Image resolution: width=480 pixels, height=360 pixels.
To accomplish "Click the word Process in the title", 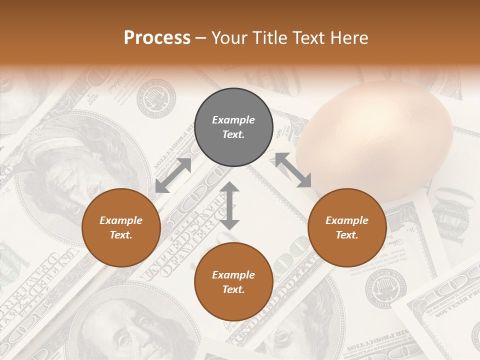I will point(157,38).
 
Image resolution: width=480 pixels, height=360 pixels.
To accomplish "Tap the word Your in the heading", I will point(229,38).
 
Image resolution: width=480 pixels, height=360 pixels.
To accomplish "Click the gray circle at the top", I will point(233,127).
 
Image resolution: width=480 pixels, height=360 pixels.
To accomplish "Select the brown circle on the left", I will point(121,227).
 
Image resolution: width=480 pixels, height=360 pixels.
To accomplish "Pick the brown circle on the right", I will point(347,227).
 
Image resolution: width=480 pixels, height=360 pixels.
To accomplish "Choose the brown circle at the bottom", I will point(233,281).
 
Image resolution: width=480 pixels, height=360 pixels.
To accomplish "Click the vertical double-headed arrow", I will point(229,205).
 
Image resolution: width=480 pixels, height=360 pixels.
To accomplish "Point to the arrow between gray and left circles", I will point(173,175).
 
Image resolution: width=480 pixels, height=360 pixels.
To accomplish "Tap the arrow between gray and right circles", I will point(293,170).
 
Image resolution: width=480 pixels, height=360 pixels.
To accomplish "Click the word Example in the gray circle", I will point(233,120).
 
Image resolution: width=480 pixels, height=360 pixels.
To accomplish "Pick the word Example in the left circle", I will point(121,220).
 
